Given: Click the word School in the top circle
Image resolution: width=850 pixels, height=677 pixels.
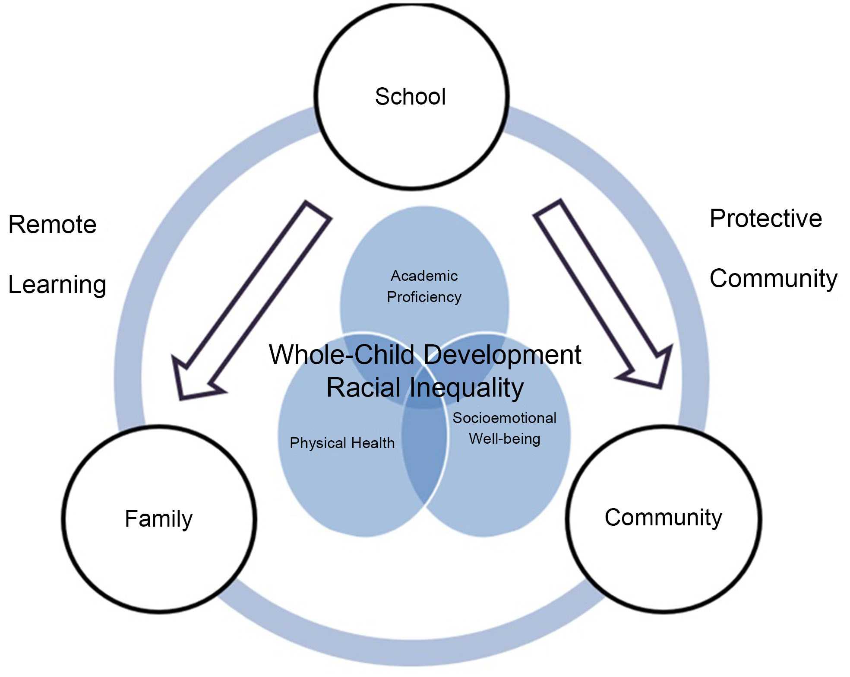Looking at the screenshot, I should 410,96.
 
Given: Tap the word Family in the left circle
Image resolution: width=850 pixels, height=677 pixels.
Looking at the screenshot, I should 158,518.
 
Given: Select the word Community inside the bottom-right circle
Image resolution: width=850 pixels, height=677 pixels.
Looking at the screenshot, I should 663,517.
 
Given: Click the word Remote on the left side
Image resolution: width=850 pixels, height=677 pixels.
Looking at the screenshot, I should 52,224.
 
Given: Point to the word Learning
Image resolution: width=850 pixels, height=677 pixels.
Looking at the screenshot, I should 57,285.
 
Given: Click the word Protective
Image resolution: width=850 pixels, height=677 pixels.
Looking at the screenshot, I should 765,218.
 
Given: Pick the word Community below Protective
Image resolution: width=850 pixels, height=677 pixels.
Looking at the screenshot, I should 773,279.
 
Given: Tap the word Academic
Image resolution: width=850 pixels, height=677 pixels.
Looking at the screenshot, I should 424,276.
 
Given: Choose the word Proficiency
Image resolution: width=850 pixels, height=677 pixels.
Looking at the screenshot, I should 424,297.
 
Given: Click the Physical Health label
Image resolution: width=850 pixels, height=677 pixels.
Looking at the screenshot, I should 342,443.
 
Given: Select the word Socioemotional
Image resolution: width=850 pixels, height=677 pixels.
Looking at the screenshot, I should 504,418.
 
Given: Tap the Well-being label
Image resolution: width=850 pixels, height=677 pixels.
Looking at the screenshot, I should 504,439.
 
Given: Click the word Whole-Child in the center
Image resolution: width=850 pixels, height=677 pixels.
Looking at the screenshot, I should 342,355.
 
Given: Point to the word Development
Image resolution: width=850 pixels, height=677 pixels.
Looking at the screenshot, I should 502,355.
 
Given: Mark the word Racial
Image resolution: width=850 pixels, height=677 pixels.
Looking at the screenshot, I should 364,388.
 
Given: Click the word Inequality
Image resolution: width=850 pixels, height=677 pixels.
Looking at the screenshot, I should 466,388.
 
